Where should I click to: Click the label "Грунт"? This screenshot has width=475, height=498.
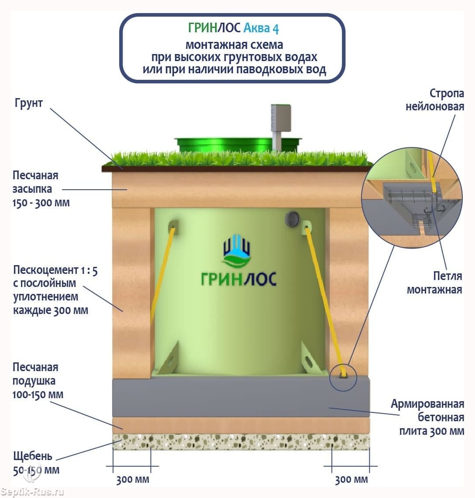tap(29, 103)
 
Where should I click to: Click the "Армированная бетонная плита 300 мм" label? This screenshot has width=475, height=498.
tap(427, 417)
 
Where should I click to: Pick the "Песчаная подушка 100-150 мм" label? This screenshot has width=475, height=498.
tap(38, 381)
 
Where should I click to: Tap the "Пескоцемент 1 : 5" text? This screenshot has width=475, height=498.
tap(55, 270)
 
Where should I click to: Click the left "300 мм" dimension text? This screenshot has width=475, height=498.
tap(133, 480)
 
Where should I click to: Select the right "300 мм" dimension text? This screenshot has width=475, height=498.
tap(351, 480)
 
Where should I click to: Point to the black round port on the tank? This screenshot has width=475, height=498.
tap(291, 218)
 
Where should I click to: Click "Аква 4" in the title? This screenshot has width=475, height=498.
tap(261, 28)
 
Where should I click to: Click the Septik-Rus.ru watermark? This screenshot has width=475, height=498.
tap(33, 492)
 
